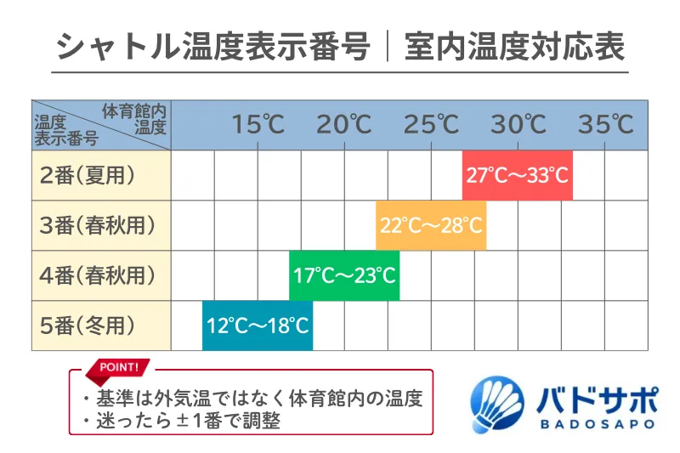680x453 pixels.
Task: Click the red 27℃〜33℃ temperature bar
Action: tap(517, 176)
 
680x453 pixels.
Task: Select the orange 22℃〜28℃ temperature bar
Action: tap(431, 226)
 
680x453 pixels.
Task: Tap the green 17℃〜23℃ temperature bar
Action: tap(344, 276)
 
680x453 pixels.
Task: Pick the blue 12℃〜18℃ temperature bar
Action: tap(258, 326)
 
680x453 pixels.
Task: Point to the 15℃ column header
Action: tap(258, 125)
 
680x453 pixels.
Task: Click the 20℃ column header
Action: tap(344, 125)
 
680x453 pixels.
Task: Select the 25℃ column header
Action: tap(431, 125)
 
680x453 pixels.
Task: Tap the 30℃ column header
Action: tap(518, 125)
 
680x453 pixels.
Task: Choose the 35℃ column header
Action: tap(606, 125)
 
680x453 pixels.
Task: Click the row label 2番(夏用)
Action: tap(88, 176)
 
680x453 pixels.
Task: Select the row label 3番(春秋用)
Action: tap(98, 226)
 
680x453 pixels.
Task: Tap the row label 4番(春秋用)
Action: tap(98, 276)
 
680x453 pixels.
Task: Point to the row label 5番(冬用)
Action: tap(88, 326)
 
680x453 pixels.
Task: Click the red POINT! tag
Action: tap(118, 368)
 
